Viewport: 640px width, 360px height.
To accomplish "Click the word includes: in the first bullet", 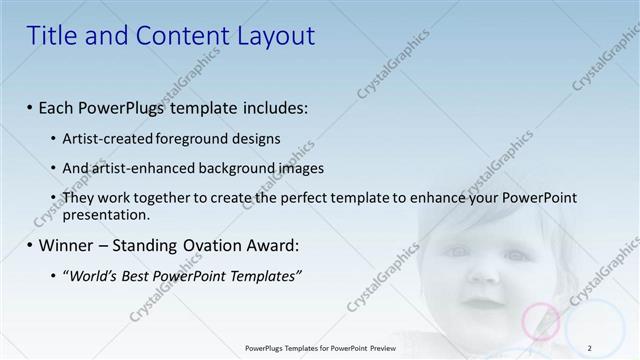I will tap(272, 106).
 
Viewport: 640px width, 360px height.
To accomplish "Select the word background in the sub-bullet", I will tap(236, 168).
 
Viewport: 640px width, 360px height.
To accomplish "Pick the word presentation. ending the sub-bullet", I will tap(106, 214).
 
